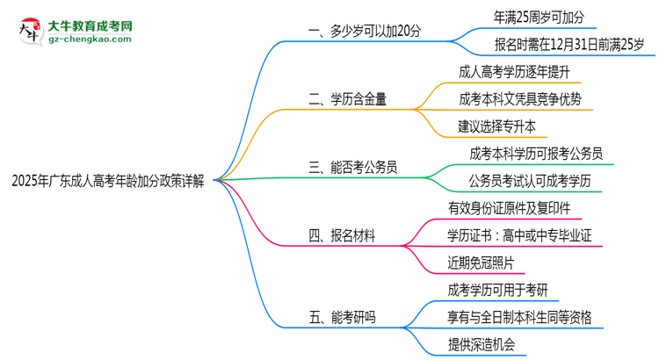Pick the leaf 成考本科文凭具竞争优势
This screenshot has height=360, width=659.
520,98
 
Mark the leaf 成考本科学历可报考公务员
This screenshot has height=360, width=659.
536,153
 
